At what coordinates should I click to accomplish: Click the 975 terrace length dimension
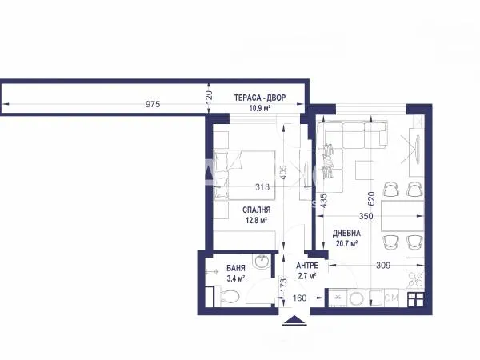click(153, 104)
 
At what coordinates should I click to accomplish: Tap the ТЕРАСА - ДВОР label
click(260, 98)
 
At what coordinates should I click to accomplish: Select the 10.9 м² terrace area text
click(260, 108)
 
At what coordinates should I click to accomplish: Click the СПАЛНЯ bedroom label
click(257, 210)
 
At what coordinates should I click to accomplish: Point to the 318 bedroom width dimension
click(262, 186)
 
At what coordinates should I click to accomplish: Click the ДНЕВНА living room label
click(346, 234)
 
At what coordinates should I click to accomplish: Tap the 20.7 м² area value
click(346, 244)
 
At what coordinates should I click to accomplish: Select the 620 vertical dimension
click(371, 198)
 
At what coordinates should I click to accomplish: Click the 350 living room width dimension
click(366, 216)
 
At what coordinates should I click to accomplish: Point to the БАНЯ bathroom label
click(236, 268)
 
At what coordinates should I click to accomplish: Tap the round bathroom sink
click(261, 262)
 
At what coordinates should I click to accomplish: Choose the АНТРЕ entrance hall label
click(307, 266)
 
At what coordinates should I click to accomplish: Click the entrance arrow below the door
click(294, 319)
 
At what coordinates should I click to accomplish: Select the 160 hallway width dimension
click(299, 298)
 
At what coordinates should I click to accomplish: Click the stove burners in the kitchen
click(415, 279)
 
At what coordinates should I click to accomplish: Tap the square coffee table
click(365, 170)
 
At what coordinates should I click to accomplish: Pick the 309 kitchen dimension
click(383, 265)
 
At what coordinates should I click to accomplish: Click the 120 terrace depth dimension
click(209, 98)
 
